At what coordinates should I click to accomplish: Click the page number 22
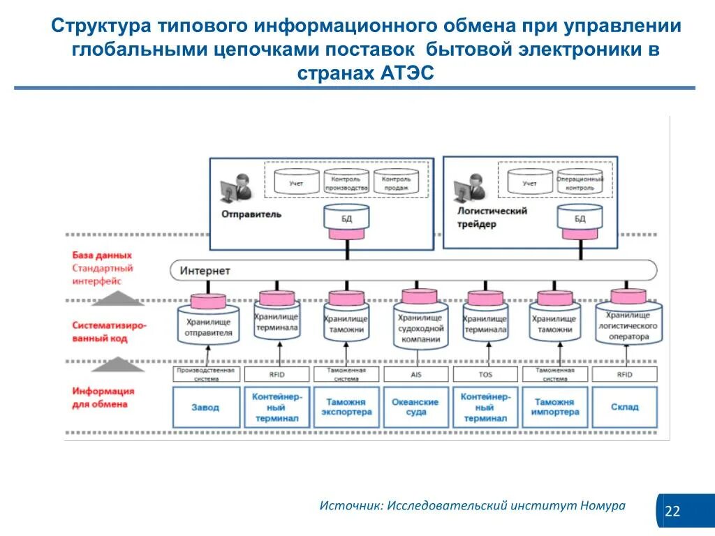672,512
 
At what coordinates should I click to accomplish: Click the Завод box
205,407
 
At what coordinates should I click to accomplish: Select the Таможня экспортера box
346,407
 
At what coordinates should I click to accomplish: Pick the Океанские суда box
415,407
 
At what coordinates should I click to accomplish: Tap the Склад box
624,407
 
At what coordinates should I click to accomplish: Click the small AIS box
415,375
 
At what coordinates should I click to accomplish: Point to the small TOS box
485,375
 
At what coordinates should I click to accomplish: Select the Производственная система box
207,375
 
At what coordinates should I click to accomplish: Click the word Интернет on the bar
205,270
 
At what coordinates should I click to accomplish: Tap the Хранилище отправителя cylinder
208,322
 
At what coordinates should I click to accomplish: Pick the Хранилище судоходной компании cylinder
419,324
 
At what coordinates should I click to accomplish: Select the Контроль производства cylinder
346,183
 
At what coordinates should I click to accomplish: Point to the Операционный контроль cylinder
580,183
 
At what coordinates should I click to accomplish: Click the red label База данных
102,255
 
